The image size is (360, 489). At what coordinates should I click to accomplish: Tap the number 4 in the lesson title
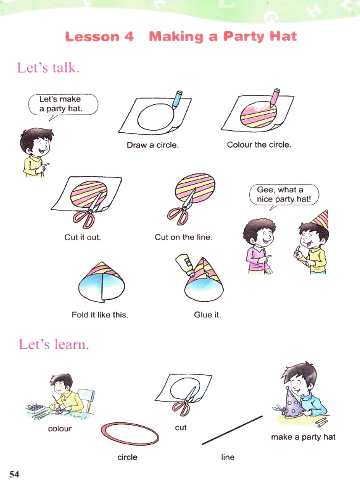click(x=129, y=36)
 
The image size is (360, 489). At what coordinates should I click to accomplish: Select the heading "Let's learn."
click(x=54, y=344)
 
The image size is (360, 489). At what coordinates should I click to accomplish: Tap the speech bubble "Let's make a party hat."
click(x=63, y=105)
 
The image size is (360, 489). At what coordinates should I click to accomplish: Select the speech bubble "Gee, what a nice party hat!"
click(x=284, y=195)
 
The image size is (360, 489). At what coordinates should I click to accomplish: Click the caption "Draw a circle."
click(x=153, y=145)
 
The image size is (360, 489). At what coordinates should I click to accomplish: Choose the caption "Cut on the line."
click(x=184, y=237)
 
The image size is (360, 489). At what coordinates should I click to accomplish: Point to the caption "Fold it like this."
click(x=100, y=315)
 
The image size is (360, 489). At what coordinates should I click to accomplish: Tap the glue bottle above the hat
click(x=185, y=264)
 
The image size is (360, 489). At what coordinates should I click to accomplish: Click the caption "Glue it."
click(x=207, y=315)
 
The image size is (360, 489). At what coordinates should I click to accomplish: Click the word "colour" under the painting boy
click(x=60, y=429)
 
